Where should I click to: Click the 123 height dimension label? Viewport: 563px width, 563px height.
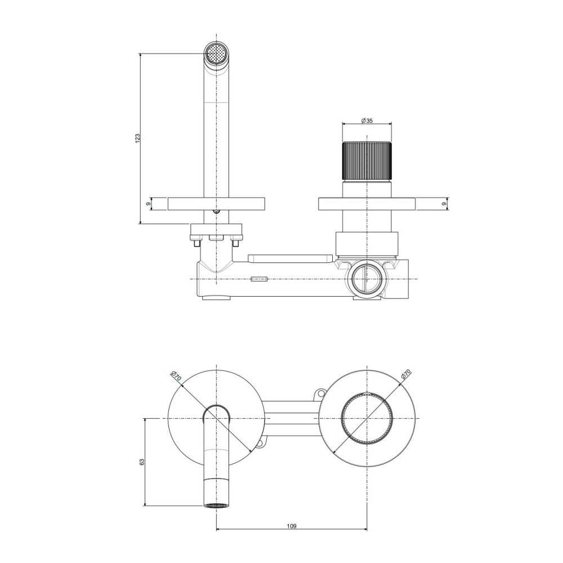(137, 138)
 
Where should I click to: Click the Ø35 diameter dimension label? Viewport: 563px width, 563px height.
(367, 120)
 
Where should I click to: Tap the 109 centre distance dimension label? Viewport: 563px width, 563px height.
(292, 526)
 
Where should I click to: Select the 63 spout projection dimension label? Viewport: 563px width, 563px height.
(142, 462)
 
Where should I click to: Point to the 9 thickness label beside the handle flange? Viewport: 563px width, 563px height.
(444, 204)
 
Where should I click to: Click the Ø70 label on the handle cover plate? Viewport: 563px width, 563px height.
(406, 375)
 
